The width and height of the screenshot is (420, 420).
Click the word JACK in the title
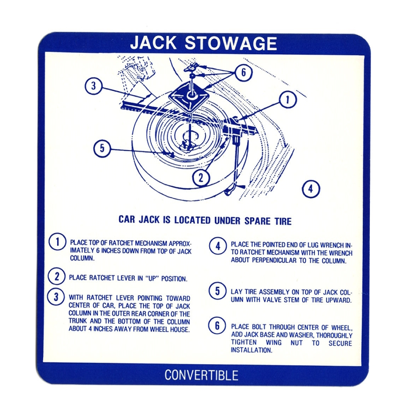tap(153, 43)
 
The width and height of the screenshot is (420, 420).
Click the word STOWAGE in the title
tap(231, 43)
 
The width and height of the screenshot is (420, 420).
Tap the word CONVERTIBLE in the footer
tap(202, 375)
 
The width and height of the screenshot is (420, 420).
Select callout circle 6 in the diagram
tap(244, 72)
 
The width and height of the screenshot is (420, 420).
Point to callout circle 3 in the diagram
tap(94, 86)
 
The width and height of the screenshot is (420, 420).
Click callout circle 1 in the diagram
tap(288, 100)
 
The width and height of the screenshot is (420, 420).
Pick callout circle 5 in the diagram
tap(102, 148)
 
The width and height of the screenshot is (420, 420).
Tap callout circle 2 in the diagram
tap(201, 177)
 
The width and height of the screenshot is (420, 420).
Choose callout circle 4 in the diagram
tap(311, 189)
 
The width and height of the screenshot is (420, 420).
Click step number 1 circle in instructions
tap(57, 242)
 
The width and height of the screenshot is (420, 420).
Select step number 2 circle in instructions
tap(57, 276)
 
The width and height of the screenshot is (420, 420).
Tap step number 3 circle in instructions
tap(56, 297)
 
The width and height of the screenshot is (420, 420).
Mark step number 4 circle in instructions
tap(218, 246)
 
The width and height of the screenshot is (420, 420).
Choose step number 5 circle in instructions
tap(218, 291)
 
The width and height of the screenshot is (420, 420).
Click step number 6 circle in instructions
tap(217, 326)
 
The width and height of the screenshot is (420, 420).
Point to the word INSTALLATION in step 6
tap(251, 350)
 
